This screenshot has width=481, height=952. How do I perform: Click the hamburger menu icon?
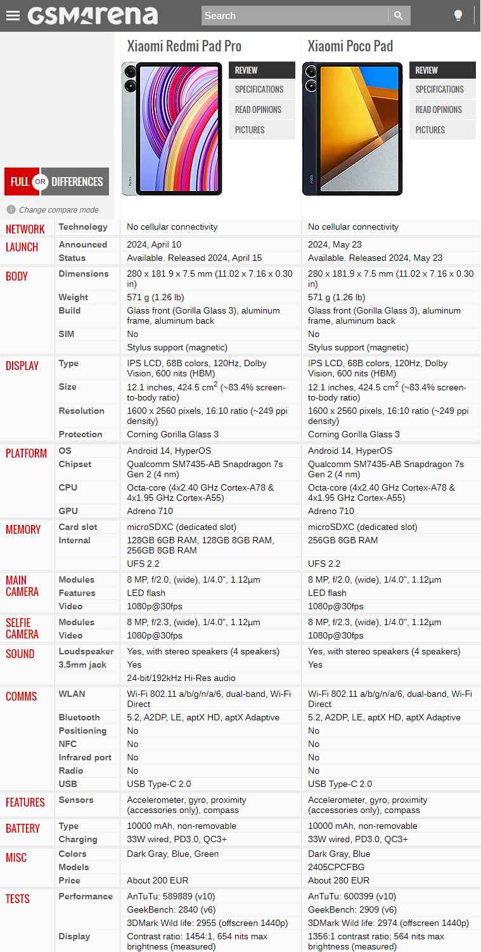click(x=13, y=16)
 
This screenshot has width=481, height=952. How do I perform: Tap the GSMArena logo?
click(x=93, y=15)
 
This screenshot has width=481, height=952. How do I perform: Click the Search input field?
click(x=294, y=16)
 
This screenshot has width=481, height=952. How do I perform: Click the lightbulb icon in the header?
click(x=458, y=16)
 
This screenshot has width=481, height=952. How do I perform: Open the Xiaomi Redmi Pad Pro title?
click(x=184, y=46)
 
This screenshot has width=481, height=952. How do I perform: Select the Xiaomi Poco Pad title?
click(x=350, y=46)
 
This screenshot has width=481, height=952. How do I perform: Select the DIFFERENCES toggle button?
click(x=77, y=182)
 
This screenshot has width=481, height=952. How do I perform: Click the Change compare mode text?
click(x=58, y=210)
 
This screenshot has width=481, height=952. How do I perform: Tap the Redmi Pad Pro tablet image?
click(x=172, y=128)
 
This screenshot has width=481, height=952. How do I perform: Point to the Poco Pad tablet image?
click(x=352, y=128)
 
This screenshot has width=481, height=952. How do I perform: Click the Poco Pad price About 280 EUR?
click(x=338, y=880)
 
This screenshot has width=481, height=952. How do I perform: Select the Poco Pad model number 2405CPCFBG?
click(x=336, y=867)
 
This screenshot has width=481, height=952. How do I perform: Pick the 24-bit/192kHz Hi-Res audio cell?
click(x=181, y=678)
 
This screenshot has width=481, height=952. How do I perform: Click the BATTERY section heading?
click(x=23, y=828)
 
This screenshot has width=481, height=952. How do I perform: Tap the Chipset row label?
click(x=75, y=464)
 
